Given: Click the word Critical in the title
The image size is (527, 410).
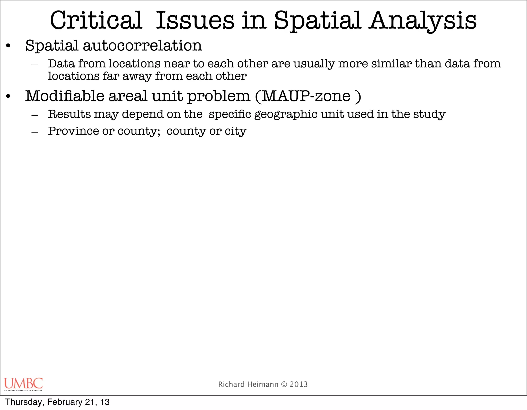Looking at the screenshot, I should [96, 21].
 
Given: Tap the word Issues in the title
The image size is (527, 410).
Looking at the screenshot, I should [195, 21].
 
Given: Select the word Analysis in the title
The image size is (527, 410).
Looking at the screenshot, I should [423, 21].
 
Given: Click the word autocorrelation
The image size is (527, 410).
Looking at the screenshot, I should [143, 46].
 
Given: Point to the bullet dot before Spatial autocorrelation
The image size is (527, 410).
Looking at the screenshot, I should [8, 46].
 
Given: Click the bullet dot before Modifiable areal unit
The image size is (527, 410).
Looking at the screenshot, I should [8, 97].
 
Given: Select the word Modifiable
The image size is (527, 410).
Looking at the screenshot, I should [65, 96].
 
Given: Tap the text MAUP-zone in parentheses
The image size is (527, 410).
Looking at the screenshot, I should [306, 96].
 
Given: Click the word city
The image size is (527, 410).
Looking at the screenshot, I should [235, 131].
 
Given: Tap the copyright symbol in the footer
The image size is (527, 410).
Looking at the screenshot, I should [284, 384].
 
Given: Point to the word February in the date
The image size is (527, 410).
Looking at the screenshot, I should [65, 402].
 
